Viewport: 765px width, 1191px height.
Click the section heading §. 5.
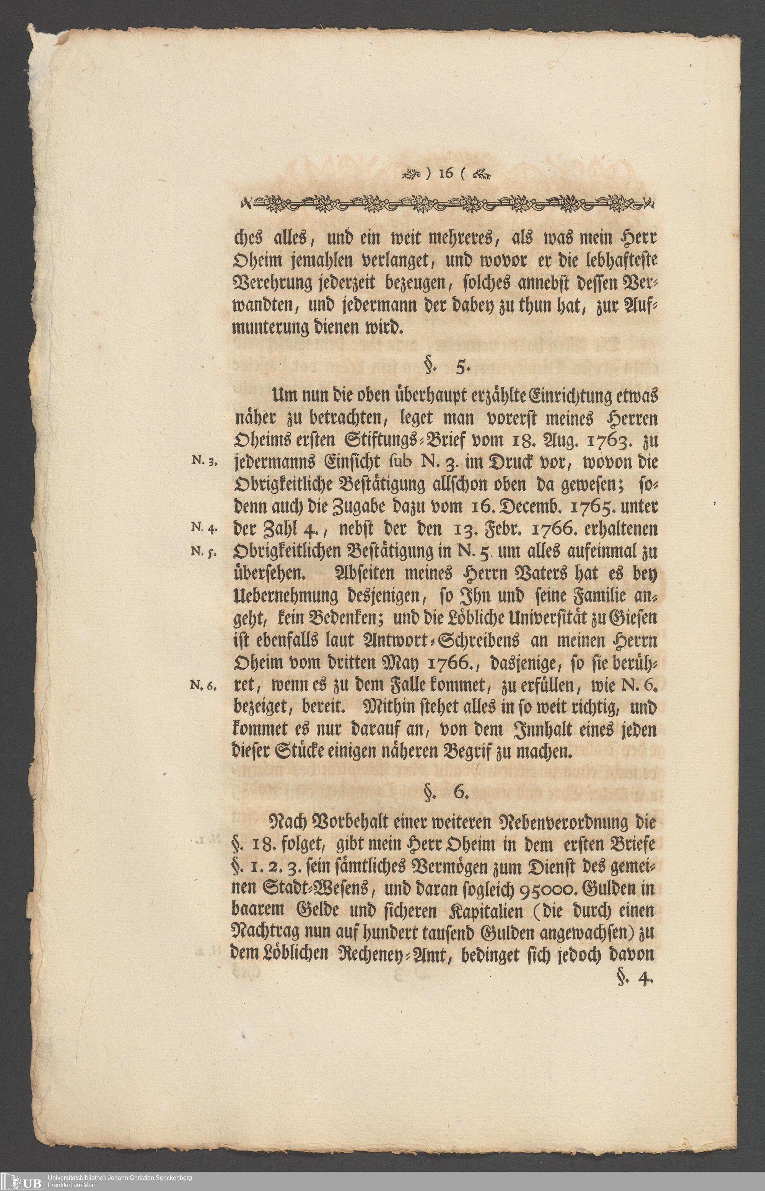click(444, 368)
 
